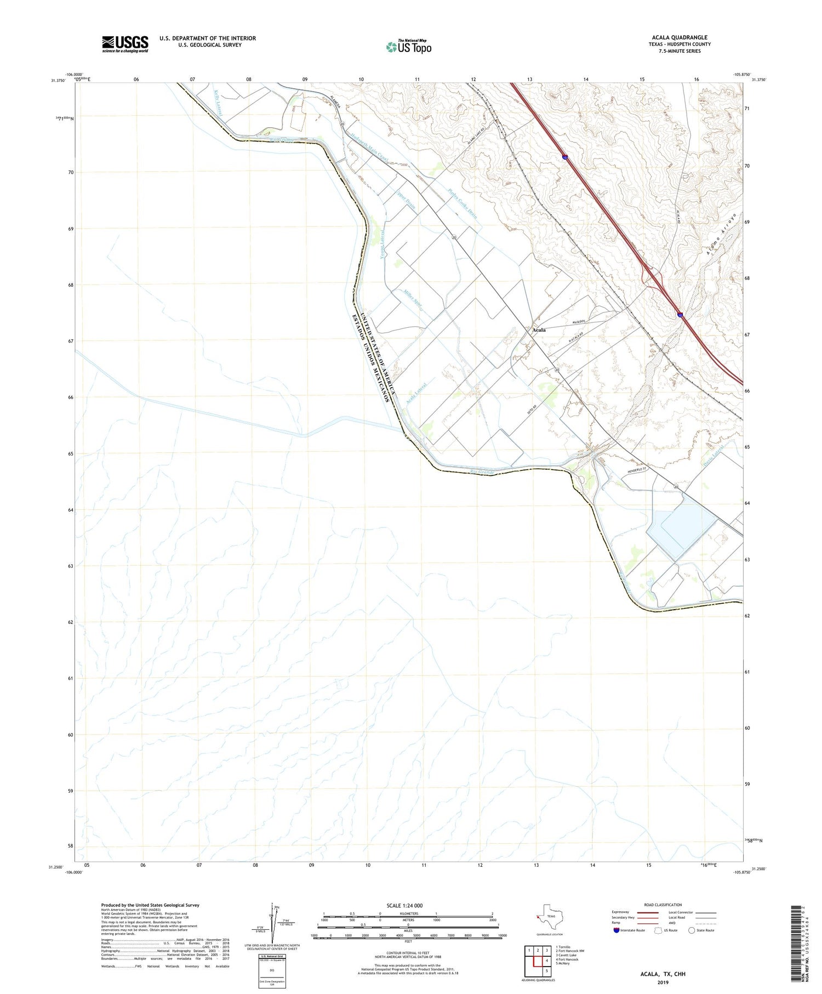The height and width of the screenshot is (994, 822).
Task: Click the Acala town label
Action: point(539,330)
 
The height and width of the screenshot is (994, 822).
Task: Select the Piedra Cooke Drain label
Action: point(463,204)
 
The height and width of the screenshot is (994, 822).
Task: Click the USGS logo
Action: point(125,44)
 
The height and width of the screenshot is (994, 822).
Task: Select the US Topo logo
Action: point(408,47)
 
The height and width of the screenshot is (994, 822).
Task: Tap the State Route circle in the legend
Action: point(692,930)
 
